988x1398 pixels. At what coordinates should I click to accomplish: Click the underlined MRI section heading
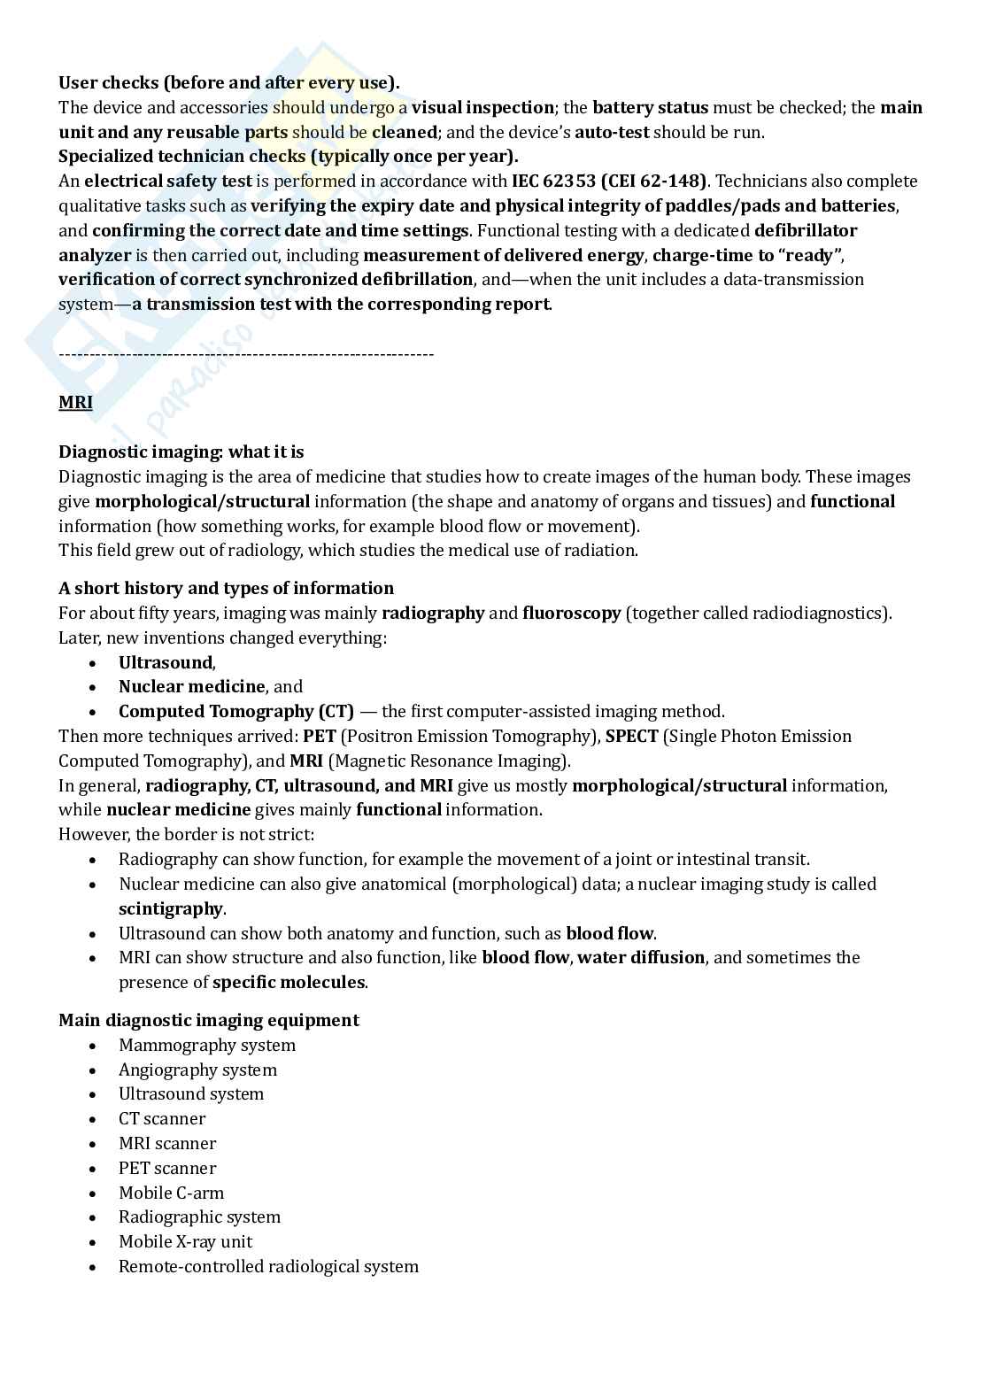coord(75,403)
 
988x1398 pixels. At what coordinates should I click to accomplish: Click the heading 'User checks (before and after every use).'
coord(228,83)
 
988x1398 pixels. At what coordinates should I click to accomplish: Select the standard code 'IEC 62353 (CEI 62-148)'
coord(609,182)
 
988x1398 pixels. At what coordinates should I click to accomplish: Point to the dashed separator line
coord(246,354)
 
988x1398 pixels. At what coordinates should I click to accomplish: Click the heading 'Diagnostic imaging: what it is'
coord(181,452)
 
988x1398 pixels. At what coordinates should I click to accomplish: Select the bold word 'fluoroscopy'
coord(571,614)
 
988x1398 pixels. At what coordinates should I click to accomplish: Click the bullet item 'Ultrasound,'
coord(166,663)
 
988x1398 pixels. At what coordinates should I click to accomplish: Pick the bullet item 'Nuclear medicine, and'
coord(210,687)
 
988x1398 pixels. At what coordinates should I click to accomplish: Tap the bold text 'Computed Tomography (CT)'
coord(235,712)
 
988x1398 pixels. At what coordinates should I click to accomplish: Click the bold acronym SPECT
coord(631,737)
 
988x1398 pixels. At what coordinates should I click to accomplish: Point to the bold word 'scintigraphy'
coord(171,909)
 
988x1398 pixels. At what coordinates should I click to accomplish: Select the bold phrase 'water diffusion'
coord(641,958)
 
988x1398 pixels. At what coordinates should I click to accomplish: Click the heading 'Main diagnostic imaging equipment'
coord(209,1021)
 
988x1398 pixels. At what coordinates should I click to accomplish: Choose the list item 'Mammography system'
coord(207,1046)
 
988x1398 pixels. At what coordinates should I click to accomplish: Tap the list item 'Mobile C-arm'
coord(171,1193)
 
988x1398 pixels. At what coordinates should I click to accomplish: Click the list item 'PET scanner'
coord(167,1169)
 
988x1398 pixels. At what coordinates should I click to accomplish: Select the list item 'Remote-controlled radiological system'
coord(268,1267)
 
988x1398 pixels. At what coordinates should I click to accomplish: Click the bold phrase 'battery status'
coord(650,108)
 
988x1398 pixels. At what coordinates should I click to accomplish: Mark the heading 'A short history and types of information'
coord(226,589)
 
